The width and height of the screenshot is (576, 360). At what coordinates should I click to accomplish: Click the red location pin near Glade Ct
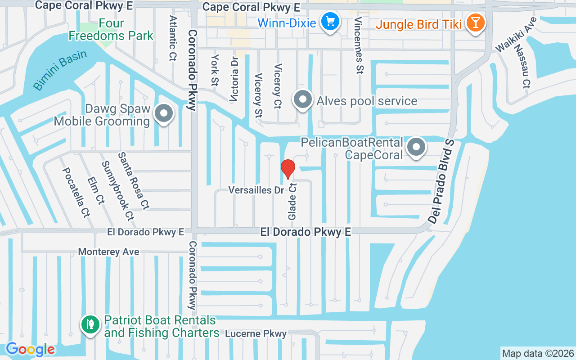[x=288, y=168]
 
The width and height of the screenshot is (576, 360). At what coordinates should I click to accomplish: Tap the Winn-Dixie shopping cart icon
[x=330, y=21]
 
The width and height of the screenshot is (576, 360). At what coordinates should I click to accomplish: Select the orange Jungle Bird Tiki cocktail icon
[x=474, y=22]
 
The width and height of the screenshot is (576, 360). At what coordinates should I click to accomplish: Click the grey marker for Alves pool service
[x=303, y=99]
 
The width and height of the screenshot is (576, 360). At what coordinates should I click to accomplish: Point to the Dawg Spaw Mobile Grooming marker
[x=164, y=113]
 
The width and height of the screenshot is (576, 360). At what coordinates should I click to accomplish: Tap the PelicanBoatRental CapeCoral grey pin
[x=417, y=147]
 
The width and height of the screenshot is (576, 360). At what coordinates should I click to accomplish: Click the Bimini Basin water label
[x=60, y=70]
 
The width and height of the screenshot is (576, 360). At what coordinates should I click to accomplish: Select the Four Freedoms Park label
[x=111, y=29]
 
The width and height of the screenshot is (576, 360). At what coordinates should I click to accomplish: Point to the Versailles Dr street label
[x=256, y=190]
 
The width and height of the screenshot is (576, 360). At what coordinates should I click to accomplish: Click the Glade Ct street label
[x=292, y=201]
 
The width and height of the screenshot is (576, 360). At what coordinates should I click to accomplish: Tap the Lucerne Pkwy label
[x=256, y=334]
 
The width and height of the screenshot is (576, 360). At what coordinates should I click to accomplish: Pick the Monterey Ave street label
[x=108, y=252]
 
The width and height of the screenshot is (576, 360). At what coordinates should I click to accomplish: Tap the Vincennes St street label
[x=359, y=45]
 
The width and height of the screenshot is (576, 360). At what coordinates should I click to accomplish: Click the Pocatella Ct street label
[x=76, y=192]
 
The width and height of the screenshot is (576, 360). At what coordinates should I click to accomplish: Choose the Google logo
[x=30, y=349]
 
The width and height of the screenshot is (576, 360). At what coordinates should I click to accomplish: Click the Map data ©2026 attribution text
[x=538, y=354]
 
